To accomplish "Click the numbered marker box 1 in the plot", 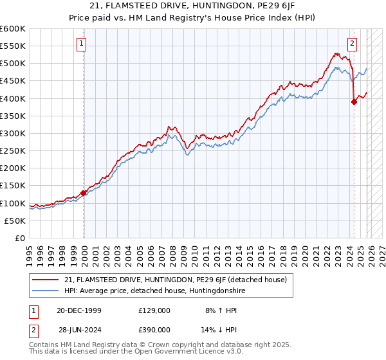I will (x=82, y=44).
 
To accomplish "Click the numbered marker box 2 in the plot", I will (x=353, y=44).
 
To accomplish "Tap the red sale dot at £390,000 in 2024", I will (x=354, y=102).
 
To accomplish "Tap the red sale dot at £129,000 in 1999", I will (x=84, y=193).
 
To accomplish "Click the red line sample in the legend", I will (x=46, y=280).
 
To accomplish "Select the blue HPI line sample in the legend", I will (x=46, y=291).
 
